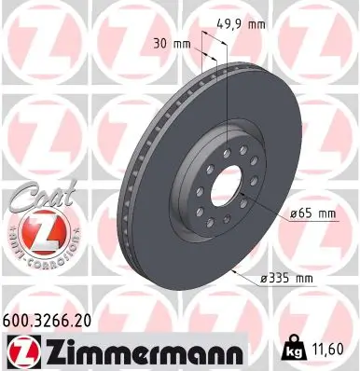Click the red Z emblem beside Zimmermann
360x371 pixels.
pos(25,350)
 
